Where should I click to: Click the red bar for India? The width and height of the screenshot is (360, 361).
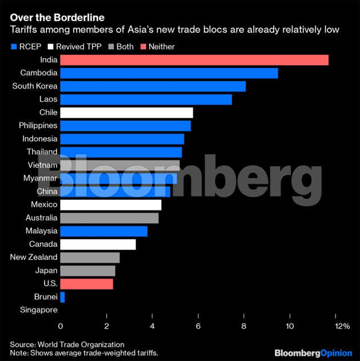[x=194, y=60]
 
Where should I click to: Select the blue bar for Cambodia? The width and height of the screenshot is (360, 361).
[x=169, y=73]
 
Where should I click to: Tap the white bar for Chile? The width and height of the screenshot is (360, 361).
[x=126, y=113]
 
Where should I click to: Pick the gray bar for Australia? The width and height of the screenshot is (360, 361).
[x=109, y=218]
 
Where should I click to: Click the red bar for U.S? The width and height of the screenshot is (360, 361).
[x=86, y=284]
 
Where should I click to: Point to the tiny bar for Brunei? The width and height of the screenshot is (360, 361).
[x=62, y=297]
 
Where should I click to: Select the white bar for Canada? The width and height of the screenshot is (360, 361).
[x=98, y=244]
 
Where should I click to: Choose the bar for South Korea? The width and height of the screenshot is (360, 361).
[x=153, y=86]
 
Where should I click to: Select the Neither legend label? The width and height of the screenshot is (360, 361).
[x=161, y=47]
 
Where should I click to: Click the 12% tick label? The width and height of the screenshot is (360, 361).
[x=342, y=326]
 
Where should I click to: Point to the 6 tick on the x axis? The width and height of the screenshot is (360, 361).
[x=198, y=326]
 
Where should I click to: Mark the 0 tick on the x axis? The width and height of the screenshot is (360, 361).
[x=61, y=326]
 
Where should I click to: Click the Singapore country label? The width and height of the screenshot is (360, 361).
[x=38, y=310]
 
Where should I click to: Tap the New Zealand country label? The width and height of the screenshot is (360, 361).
[x=34, y=258]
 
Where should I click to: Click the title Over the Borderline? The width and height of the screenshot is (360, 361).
[x=49, y=18]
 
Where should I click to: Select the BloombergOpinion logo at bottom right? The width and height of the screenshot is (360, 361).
[x=314, y=352]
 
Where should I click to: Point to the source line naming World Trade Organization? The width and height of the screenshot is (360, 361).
[x=67, y=344]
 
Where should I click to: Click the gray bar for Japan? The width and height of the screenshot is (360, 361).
[x=87, y=271]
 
